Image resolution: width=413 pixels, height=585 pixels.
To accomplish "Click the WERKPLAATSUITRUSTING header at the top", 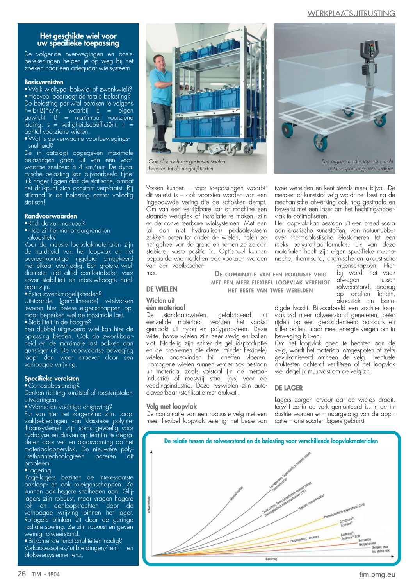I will (x=351, y=13).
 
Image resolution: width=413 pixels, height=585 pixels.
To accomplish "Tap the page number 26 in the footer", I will (x=22, y=574).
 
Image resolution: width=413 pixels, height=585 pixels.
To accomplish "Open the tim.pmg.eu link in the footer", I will (x=377, y=574).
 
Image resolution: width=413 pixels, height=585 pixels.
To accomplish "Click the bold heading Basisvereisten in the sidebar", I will (x=44, y=82).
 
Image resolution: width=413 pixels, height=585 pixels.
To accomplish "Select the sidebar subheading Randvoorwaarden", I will (x=50, y=216).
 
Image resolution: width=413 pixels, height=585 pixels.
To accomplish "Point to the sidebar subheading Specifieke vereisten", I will (x=52, y=378).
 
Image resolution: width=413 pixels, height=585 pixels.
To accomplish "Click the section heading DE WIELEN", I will (x=162, y=289).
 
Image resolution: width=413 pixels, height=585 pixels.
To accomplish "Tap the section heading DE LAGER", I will (x=288, y=388).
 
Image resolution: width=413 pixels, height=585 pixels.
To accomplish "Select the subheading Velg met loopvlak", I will (x=171, y=406).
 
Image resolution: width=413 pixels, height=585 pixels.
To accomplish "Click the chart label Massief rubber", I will (x=237, y=493).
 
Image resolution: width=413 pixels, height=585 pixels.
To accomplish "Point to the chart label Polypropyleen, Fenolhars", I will (x=304, y=538).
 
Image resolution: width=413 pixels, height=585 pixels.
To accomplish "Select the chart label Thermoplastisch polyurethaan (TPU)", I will (x=344, y=511).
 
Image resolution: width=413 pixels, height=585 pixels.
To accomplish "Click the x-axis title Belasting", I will (x=271, y=559).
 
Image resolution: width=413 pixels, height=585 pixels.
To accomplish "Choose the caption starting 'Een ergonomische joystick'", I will (x=357, y=165).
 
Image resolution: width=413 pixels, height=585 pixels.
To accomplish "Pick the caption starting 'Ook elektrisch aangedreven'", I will (x=187, y=165).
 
